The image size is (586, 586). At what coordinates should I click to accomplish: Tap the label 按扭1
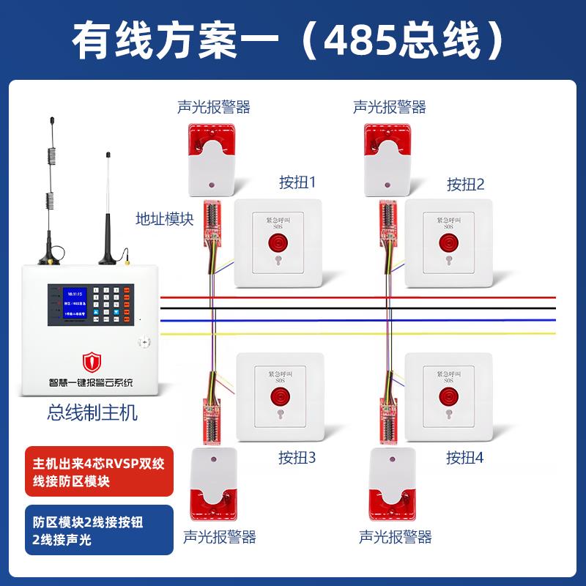coord(297,182)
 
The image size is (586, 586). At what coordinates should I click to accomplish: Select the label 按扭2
coord(466,184)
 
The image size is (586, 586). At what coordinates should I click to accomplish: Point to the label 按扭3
coord(297,459)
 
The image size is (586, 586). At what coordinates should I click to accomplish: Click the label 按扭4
coord(466,459)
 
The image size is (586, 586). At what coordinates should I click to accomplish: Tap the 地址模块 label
coord(165,218)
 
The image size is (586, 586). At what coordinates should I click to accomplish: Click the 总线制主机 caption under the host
coord(92,412)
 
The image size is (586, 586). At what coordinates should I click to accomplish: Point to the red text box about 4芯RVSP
coord(99,472)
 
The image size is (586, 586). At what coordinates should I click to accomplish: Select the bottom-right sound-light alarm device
coord(389,484)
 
